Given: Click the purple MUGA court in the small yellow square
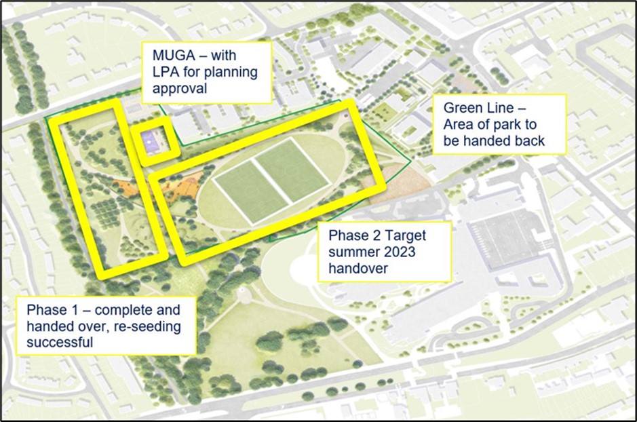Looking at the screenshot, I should click(151, 140).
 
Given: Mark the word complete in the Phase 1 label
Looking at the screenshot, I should click(134, 311).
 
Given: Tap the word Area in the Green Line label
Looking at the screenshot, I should click(458, 126).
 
